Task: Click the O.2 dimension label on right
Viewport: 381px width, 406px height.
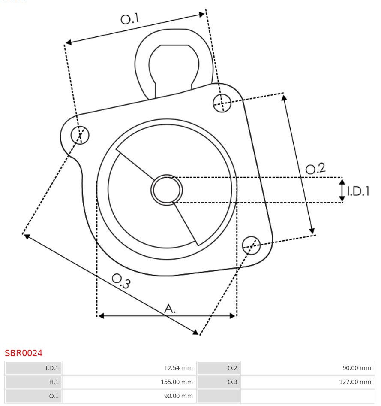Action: (x=315, y=168)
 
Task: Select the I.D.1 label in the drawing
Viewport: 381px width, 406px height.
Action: (x=358, y=191)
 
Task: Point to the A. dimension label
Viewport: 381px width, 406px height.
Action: (x=170, y=308)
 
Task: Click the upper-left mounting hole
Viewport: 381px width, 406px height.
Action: (x=80, y=135)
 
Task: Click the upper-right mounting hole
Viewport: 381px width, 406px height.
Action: (x=222, y=103)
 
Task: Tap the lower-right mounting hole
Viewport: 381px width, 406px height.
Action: (x=251, y=245)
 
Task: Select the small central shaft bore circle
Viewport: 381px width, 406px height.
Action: (x=167, y=190)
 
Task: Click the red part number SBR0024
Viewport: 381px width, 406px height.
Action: (x=24, y=353)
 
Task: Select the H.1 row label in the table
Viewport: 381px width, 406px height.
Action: (x=33, y=382)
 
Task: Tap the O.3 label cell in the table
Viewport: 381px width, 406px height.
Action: (x=219, y=382)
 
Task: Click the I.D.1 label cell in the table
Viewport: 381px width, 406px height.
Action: (x=33, y=368)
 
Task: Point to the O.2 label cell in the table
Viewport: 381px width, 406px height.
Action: (x=219, y=368)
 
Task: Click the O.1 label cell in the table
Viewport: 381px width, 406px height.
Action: (x=33, y=396)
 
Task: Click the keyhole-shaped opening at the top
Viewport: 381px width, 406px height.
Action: (x=174, y=64)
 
